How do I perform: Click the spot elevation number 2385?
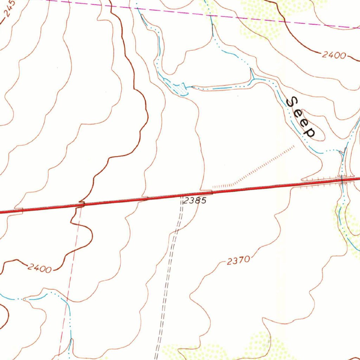coord(194,201)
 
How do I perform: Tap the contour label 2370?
coord(238,261)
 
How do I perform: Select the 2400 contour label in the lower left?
coord(39,269)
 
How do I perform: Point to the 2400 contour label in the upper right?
coord(334,55)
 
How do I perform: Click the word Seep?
coord(301,117)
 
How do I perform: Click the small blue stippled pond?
coord(181,89)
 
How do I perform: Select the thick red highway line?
coord(141,199)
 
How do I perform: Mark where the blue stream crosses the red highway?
coord(342,180)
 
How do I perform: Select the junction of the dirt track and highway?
coord(182,196)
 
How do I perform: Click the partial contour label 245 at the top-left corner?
coord(9,9)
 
